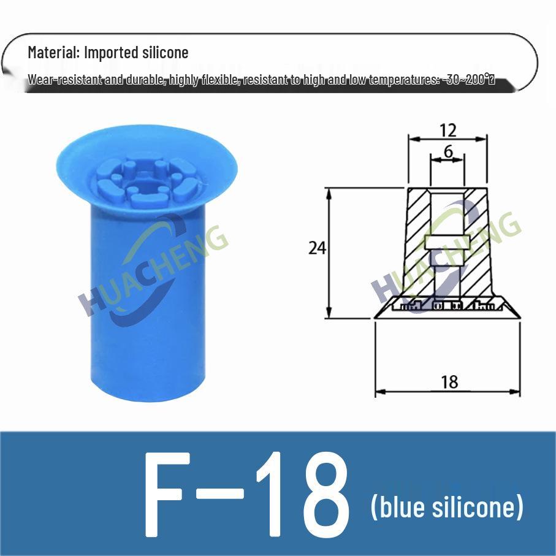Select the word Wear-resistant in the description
(x=64, y=80)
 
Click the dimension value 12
(x=448, y=129)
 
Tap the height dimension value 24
(x=317, y=248)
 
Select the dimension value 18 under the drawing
(x=449, y=382)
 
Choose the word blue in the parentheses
(x=399, y=508)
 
